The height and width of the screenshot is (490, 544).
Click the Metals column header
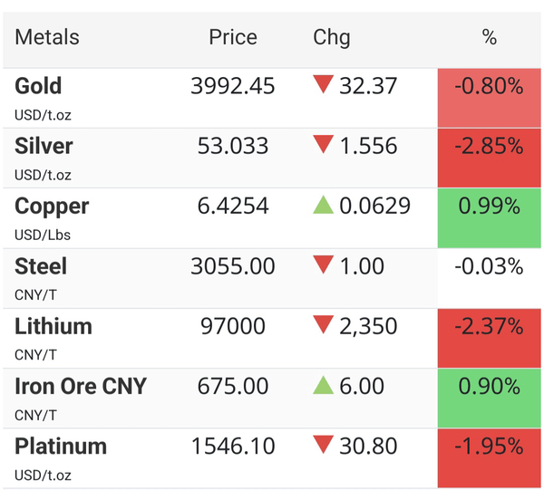47,37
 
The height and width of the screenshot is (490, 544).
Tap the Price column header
233,37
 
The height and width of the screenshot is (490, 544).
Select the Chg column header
332,38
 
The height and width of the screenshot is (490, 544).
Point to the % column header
490,37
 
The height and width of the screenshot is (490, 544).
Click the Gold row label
38,86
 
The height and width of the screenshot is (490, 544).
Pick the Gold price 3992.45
233,86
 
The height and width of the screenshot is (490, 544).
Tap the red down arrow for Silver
323,144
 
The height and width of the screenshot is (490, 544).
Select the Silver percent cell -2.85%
490,158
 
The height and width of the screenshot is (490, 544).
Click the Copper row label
52,207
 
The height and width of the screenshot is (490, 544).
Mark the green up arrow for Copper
323,205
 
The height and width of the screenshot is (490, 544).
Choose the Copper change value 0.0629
374,206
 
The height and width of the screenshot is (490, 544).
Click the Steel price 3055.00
233,266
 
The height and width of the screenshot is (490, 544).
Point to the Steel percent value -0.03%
489,266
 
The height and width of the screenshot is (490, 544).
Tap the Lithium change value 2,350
368,327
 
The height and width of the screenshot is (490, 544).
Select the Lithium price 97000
233,326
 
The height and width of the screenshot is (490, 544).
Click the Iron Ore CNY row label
81,386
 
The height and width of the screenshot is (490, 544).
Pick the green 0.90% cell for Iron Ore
490,399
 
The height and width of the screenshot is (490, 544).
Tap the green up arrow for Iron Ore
323,385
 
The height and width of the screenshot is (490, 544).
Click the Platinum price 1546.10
233,446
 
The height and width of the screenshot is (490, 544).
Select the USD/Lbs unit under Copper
43,235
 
